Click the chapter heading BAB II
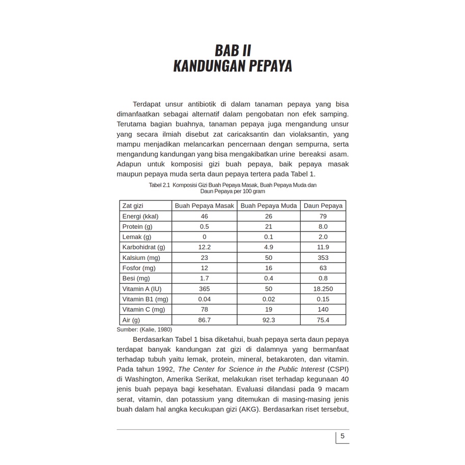(x=232, y=51)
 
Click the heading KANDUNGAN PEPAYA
(x=232, y=67)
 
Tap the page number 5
(x=342, y=436)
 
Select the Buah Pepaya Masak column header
(x=205, y=206)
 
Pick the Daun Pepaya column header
(x=323, y=206)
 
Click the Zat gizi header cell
(x=133, y=206)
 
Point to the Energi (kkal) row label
(x=140, y=216)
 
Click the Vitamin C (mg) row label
(x=143, y=309)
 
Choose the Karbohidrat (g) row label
(x=144, y=247)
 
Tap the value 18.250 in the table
(x=323, y=289)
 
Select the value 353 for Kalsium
(x=323, y=258)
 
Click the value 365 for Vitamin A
(x=205, y=289)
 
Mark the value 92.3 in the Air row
(x=269, y=320)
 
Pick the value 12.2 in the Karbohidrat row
(x=205, y=247)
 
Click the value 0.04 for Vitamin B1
(x=205, y=299)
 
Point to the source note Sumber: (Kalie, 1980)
(x=144, y=329)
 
